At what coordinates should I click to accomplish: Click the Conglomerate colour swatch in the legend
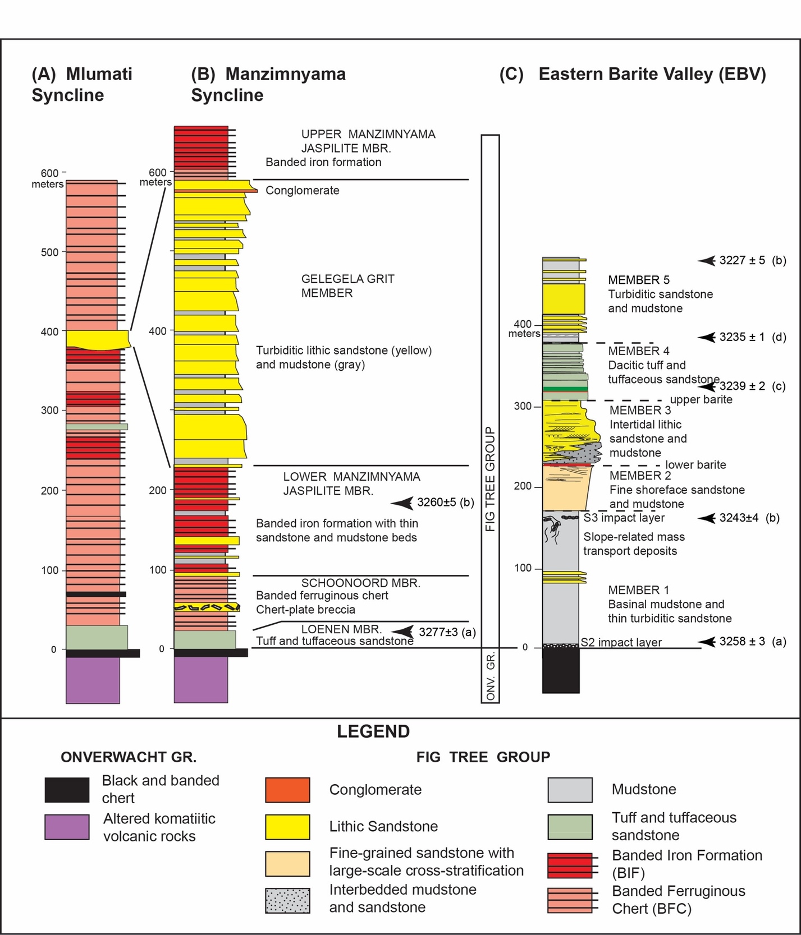point(287,790)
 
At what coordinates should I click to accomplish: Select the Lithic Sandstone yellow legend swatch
point(287,827)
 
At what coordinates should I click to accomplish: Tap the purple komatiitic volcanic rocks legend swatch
point(67,827)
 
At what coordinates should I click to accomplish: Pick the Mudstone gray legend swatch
point(570,790)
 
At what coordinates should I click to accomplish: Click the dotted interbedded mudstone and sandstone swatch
point(287,900)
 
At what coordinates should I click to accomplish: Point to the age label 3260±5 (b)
point(446,503)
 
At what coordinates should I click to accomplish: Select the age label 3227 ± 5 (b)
point(753,260)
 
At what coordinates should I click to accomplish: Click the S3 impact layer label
point(624,518)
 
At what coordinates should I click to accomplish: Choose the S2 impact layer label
point(621,642)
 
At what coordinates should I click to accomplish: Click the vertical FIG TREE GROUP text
point(490,479)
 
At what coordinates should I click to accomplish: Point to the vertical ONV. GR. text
point(490,676)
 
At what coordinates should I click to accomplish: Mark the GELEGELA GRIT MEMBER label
point(347,285)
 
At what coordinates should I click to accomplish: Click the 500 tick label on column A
point(49,252)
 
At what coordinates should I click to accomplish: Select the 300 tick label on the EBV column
point(523,406)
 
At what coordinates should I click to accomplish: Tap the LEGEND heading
point(373,731)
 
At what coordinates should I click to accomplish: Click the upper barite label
point(701,399)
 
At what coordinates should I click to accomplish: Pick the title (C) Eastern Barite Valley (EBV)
point(633,74)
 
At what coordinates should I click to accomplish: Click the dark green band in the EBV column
point(565,389)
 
